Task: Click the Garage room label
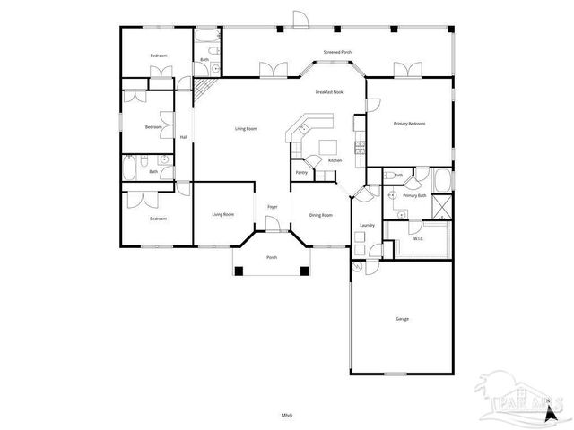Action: (x=402, y=319)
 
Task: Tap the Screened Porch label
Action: (x=337, y=52)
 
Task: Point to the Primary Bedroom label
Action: (x=409, y=124)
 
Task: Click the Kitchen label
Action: (x=335, y=160)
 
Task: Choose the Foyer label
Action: (x=272, y=208)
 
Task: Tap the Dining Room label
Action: (x=321, y=215)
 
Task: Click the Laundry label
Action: (x=366, y=225)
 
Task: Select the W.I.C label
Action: (x=418, y=239)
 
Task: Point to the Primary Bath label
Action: (x=414, y=195)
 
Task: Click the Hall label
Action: (x=183, y=137)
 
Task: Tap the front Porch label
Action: (x=272, y=258)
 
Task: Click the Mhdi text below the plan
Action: (x=287, y=415)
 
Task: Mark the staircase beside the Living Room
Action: (x=205, y=88)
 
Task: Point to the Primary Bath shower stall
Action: (x=440, y=204)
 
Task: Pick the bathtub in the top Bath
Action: (x=206, y=39)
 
